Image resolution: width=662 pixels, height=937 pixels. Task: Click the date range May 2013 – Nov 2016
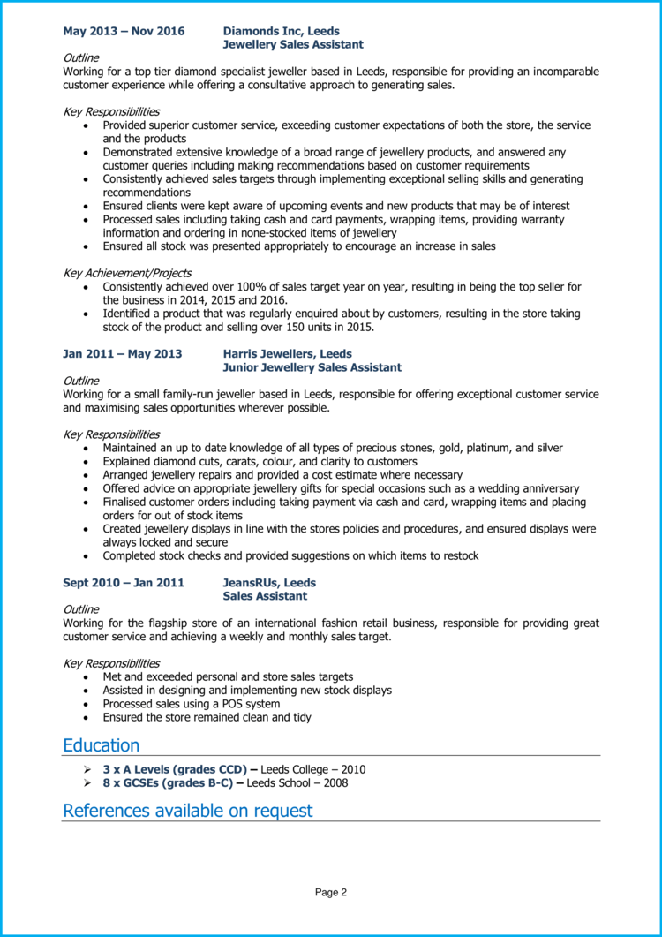click(124, 31)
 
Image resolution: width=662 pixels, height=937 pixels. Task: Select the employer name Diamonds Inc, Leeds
click(281, 31)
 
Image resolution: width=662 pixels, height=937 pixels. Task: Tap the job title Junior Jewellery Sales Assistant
click(312, 367)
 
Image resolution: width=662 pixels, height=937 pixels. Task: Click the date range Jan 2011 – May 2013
click(122, 354)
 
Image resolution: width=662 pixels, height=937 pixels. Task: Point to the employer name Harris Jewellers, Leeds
click(287, 354)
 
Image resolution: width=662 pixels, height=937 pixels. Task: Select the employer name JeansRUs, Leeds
click(269, 583)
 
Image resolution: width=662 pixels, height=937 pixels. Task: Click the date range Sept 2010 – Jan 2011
click(123, 583)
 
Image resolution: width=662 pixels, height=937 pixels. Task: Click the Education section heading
click(101, 745)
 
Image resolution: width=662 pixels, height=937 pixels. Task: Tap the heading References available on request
click(187, 811)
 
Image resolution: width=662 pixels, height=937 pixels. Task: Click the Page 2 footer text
click(331, 893)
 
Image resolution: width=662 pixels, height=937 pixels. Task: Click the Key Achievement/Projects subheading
click(127, 273)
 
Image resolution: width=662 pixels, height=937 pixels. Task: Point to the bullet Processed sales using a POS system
click(191, 704)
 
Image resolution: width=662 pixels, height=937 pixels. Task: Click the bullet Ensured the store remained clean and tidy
click(207, 717)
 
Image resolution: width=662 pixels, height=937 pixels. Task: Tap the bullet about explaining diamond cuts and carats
click(260, 461)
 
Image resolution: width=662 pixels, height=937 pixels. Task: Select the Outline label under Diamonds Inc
click(81, 57)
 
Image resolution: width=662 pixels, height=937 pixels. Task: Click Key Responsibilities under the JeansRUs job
click(111, 662)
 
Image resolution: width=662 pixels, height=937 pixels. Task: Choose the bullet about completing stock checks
click(290, 555)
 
